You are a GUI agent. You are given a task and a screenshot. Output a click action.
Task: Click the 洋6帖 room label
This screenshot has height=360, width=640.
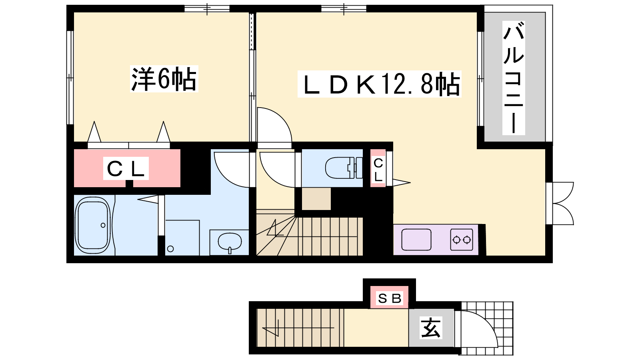click(x=164, y=78)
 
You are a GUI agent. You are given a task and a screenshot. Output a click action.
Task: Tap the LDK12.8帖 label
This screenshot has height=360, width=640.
click(x=379, y=84)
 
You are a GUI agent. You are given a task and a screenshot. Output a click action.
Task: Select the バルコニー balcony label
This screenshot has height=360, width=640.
click(x=514, y=78)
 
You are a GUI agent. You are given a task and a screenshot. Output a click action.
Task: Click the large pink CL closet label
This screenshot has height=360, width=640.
click(x=126, y=168)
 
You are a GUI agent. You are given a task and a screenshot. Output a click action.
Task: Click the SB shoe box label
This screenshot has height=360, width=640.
click(x=390, y=298)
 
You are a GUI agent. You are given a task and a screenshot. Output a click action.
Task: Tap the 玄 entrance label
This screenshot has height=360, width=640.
click(x=431, y=328)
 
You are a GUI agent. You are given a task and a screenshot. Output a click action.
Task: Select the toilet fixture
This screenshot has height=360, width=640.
click(x=344, y=168)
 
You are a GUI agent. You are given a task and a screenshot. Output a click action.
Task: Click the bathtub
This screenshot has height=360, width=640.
click(x=92, y=226)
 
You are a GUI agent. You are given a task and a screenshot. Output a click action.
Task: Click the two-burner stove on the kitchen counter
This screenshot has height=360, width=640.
click(x=462, y=240)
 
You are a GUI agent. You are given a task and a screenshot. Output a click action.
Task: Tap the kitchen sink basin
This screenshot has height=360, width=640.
click(x=416, y=240)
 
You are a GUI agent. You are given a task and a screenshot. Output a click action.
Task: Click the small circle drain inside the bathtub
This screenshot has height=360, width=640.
click(x=103, y=225)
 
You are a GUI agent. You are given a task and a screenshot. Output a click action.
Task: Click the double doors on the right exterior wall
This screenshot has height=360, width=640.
click(x=560, y=204)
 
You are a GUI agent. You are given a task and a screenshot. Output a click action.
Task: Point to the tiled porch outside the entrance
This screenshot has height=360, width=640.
click(x=487, y=328)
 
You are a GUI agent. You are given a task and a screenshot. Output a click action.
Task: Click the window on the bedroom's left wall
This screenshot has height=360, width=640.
click(x=70, y=78)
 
